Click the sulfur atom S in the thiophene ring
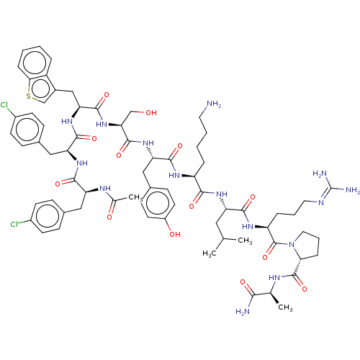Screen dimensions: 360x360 [x=29, y=96]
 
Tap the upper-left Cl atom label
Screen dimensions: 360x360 [x=4, y=105]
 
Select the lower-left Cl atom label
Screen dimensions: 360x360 [x=14, y=224]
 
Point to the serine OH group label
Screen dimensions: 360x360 [x=151, y=112]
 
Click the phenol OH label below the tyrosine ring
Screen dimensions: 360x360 [x=175, y=234]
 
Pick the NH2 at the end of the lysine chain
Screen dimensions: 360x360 [x=214, y=104]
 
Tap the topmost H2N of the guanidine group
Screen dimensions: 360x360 [x=320, y=174]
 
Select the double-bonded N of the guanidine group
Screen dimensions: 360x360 [x=321, y=202]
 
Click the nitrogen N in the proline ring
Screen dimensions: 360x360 [x=292, y=245]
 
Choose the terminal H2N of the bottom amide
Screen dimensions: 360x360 [x=243, y=312]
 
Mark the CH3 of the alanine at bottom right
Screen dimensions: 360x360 [x=285, y=307]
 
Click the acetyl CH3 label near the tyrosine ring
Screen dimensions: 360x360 [x=135, y=198]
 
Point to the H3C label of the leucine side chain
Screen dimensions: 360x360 [x=210, y=253]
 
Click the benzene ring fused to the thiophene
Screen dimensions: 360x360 [x=35, y=62]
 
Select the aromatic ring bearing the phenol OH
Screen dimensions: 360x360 [x=158, y=203]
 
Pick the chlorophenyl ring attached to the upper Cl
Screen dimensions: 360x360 [x=27, y=130]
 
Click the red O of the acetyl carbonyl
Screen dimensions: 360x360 [x=109, y=217]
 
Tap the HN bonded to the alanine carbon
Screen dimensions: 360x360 [x=274, y=278]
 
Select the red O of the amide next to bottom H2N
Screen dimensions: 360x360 [x=243, y=282]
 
